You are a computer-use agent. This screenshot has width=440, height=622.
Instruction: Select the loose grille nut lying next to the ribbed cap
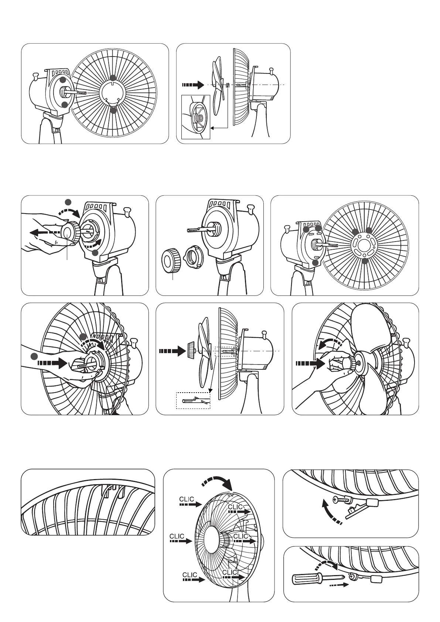point(191,254)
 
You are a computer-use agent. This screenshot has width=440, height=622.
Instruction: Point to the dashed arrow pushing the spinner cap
point(171,351)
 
